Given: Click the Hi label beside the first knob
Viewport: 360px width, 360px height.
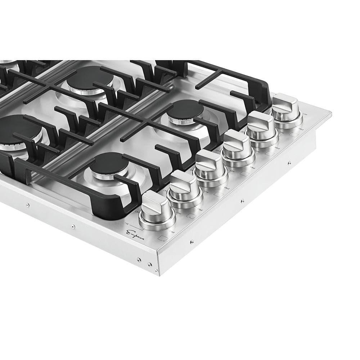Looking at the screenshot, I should pyautogui.click(x=127, y=224).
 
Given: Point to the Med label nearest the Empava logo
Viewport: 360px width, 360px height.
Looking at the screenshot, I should pyautogui.click(x=172, y=231).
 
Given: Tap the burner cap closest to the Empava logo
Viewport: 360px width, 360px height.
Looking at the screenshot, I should pyautogui.click(x=109, y=163).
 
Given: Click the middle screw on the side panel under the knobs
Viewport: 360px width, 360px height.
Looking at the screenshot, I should pyautogui.click(x=242, y=201).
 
